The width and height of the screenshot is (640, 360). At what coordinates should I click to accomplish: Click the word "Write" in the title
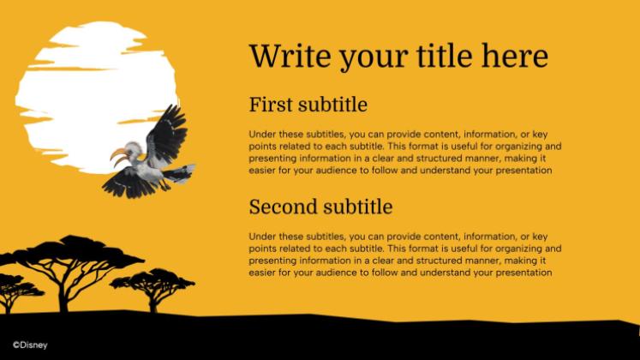pos(288,57)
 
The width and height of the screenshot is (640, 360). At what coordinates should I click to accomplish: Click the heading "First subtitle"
pos(308,105)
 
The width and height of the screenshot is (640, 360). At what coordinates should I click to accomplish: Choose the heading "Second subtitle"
pos(320,207)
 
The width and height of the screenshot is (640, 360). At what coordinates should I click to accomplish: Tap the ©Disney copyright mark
pos(25,346)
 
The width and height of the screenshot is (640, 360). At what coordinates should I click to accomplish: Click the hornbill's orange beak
pos(119,158)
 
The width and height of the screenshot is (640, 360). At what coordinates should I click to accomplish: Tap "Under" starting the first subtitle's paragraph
pos(263,135)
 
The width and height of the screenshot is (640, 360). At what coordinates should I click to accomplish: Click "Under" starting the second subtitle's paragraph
pos(263,237)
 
